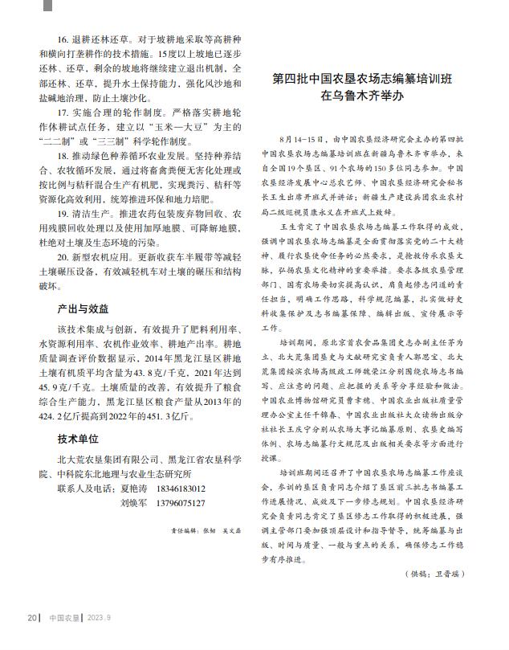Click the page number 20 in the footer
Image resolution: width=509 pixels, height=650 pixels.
pyautogui.click(x=31, y=618)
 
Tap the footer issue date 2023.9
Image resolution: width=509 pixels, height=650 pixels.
pyautogui.click(x=99, y=618)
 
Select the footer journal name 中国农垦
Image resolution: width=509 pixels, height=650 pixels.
pyautogui.click(x=64, y=618)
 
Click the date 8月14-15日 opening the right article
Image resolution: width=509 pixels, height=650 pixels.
pyautogui.click(x=301, y=139)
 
